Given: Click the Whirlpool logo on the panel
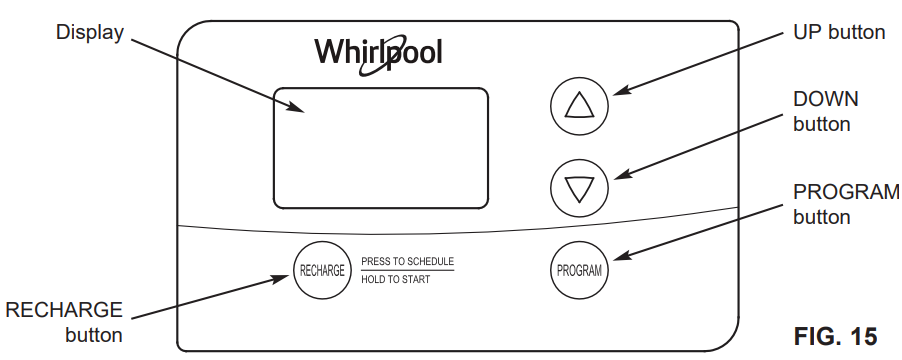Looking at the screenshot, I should point(378,52).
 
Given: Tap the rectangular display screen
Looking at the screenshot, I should point(381,148).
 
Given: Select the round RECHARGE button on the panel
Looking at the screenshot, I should point(322,270).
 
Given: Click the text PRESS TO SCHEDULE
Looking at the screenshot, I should point(407,261).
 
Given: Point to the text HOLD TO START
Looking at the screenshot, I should point(396,280).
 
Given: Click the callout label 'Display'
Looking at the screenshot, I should point(89,32).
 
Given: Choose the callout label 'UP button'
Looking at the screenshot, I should point(838,32).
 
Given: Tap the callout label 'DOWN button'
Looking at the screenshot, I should point(825,111).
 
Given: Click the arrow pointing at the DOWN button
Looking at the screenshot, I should point(699,145).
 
